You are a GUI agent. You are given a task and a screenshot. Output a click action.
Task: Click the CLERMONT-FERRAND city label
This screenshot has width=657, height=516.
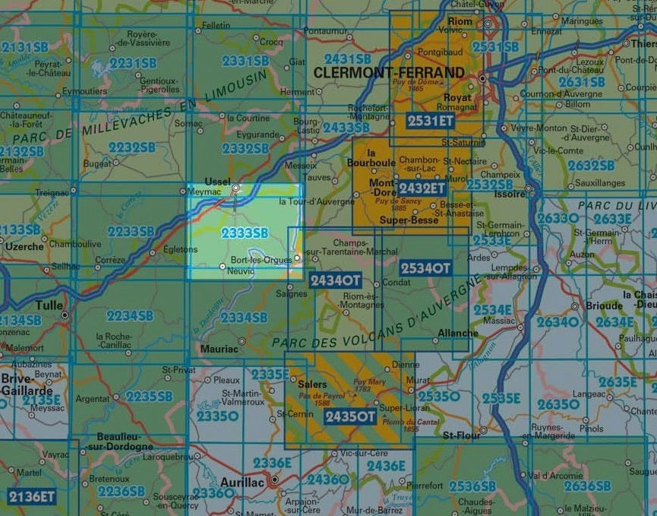pos(388,72)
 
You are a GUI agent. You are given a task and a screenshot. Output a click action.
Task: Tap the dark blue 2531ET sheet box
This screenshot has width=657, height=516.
pos(430,120)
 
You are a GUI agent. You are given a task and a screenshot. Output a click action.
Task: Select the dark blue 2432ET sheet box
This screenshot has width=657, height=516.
pos(422,188)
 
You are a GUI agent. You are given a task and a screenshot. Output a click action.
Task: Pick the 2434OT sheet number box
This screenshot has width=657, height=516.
pos(335,280)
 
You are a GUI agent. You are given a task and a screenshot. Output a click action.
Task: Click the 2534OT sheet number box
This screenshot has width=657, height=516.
pos(425,267)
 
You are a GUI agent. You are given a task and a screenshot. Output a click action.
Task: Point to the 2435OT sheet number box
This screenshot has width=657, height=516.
pos(349,416)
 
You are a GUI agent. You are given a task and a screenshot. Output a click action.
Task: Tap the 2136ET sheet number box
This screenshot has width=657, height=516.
pos(31,496)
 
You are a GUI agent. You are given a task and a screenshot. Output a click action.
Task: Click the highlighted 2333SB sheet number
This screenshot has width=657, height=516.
pos(245,233)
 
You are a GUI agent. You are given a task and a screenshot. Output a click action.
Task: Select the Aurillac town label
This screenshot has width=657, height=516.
pos(241,482)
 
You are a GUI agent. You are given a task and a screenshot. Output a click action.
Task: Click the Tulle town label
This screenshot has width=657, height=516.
pos(49,305)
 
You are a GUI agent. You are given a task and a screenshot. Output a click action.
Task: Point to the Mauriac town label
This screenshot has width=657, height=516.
pos(219,349)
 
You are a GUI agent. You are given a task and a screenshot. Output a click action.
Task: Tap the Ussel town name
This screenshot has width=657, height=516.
pos(217,181)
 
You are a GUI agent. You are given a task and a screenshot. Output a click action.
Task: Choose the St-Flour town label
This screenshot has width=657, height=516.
pos(460,436)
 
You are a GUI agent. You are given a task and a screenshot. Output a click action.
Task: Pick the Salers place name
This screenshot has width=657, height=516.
pos(312,385)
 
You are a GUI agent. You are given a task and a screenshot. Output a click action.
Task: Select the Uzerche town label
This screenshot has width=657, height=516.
pos(24,247)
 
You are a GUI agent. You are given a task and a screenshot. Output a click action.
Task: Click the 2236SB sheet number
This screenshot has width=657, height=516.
pos(121,491)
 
